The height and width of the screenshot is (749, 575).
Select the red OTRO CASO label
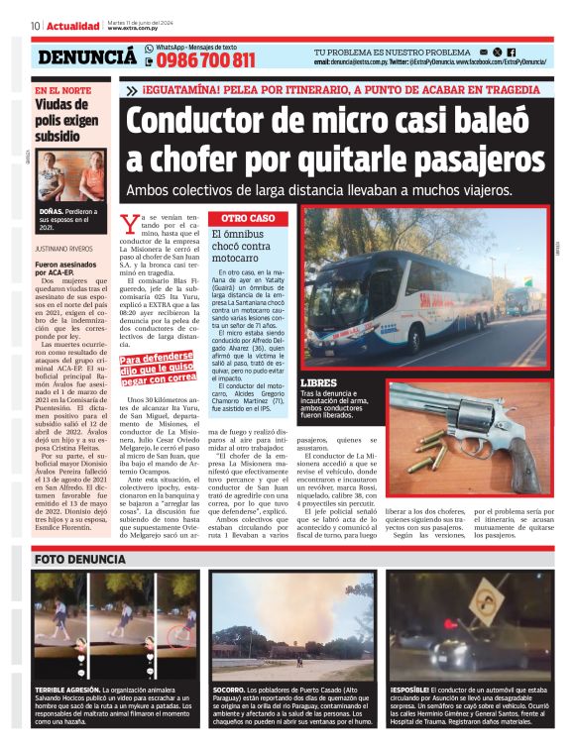(247, 217)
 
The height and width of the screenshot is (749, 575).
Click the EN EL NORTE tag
(61, 90)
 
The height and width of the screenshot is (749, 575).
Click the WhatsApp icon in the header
(149, 48)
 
